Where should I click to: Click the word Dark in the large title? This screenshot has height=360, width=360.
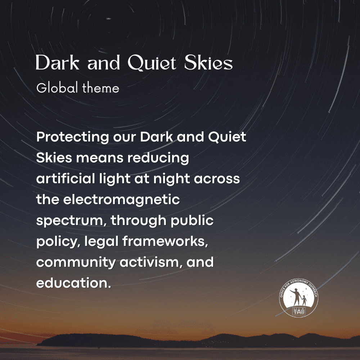(58, 62)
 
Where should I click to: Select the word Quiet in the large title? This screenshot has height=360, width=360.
(152, 63)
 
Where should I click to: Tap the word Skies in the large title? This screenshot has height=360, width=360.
(208, 62)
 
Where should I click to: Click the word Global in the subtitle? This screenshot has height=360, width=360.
(57, 88)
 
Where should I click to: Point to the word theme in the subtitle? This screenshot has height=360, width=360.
(101, 88)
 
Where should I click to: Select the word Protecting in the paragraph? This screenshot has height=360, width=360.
(73, 137)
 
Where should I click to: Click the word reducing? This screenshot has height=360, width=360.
(158, 158)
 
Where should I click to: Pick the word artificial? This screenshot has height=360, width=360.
(66, 179)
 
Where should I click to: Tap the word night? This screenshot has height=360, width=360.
(172, 179)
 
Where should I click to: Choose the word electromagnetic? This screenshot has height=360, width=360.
(121, 200)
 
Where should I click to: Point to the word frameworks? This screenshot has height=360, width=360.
(165, 241)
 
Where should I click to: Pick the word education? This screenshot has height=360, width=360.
(73, 283)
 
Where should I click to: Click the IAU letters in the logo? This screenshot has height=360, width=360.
(299, 311)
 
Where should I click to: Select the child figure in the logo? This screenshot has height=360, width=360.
(304, 300)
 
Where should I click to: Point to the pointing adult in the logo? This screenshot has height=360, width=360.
(296, 297)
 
